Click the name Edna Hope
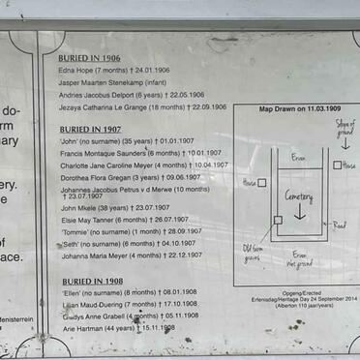[79, 70]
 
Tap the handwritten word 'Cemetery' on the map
[299, 196]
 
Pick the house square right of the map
[336, 165]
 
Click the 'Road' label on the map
[340, 225]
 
